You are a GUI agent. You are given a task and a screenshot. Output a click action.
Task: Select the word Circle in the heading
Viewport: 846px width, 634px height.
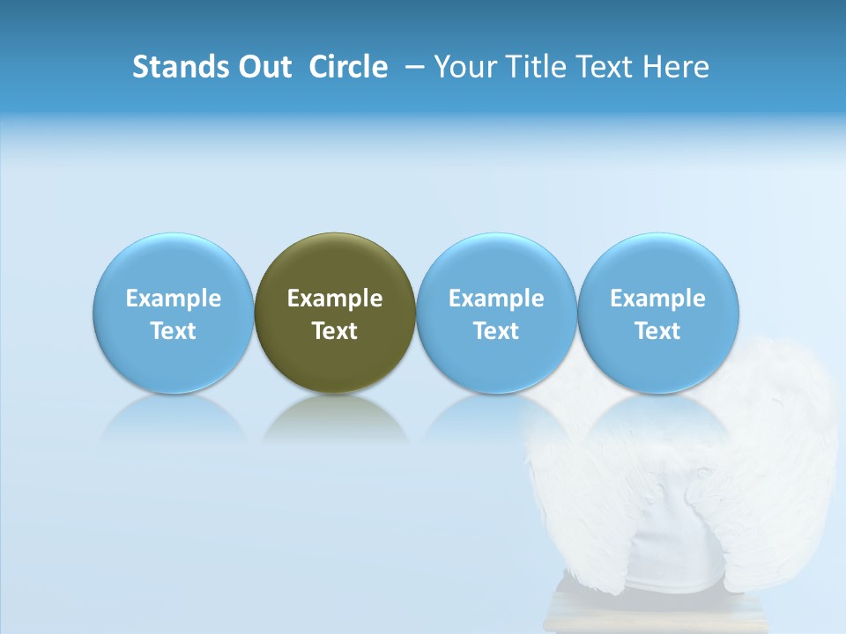pos(348,67)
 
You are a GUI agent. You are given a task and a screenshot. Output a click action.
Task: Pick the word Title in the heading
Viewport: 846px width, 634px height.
pos(532,67)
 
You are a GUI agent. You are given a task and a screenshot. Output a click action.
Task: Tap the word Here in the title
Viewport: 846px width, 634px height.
pos(678,67)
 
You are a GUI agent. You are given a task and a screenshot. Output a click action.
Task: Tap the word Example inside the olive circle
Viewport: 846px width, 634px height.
pos(335,299)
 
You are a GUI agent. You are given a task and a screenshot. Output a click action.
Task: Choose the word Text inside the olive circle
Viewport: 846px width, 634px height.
pos(335,331)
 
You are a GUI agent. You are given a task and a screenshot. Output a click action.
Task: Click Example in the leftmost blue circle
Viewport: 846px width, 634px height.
pos(174,299)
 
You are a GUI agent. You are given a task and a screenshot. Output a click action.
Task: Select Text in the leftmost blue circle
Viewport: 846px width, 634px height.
pos(174,331)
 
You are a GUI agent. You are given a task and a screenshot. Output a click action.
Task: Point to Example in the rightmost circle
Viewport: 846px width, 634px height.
pos(657,299)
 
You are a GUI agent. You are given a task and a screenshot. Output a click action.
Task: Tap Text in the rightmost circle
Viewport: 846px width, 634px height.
pos(657,331)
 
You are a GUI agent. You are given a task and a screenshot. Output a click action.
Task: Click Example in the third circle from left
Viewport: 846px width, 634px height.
pos(496,299)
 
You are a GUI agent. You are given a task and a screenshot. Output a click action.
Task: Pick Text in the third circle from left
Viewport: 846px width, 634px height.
pos(496,331)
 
